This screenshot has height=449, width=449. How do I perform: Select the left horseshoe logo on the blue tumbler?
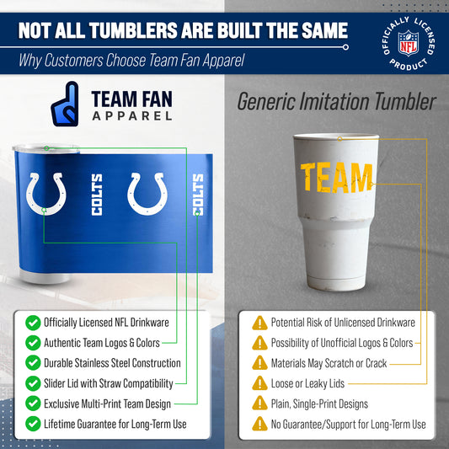tap(47, 194)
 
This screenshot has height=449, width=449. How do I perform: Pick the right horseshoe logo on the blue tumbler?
tap(147, 194)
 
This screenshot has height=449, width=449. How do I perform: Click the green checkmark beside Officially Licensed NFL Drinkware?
tap(33, 322)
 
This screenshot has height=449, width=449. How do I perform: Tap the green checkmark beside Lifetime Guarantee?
tap(33, 424)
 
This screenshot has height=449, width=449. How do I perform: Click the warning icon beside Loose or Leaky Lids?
tap(259, 383)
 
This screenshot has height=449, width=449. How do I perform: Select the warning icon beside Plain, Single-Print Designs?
tap(259, 404)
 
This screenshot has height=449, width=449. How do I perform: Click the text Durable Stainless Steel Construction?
tap(113, 363)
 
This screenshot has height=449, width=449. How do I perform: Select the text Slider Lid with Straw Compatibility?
tap(110, 383)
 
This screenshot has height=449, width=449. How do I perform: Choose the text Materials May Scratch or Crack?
tap(329, 363)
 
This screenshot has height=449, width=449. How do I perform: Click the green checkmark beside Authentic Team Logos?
tap(33, 343)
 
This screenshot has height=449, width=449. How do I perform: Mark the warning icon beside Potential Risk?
tap(259, 322)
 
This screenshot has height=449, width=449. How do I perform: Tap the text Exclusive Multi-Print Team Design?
tap(107, 404)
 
